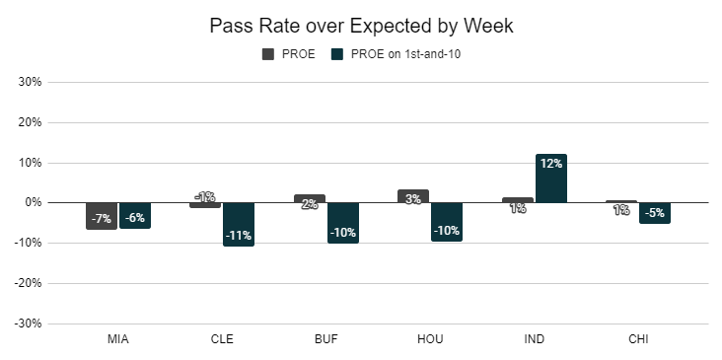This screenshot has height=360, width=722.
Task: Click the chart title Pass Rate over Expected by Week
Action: click(361, 26)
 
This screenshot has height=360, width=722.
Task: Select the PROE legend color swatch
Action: click(268, 54)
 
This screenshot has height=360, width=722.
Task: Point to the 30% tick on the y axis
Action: click(30, 82)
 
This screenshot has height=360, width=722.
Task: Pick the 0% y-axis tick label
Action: click(33, 202)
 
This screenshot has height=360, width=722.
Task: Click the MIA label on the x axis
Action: click(118, 339)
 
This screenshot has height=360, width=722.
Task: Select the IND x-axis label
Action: click(535, 339)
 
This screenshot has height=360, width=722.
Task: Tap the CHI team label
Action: click(638, 339)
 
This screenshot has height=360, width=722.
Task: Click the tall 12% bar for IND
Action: click(551, 179)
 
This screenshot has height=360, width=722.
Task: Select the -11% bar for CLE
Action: click(239, 224)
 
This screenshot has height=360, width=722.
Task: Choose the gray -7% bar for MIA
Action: click(102, 216)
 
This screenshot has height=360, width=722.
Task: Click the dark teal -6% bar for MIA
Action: click(135, 215)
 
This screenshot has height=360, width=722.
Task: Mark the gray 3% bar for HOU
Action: click(413, 196)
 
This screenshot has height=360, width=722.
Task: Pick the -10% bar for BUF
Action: click(343, 223)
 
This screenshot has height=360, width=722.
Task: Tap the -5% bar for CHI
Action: click(655, 213)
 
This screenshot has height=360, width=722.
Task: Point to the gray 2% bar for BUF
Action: click(310, 198)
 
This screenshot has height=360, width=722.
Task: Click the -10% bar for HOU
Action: click(447, 222)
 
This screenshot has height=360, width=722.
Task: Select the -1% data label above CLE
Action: click(205, 197)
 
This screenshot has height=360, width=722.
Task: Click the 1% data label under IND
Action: click(518, 208)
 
